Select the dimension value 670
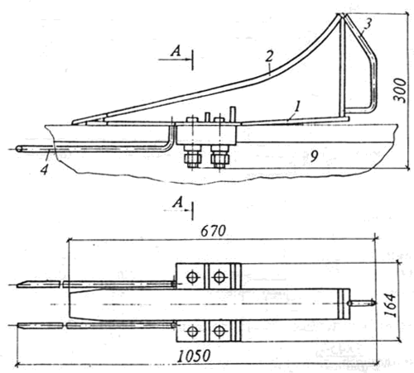213,231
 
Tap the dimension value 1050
194,356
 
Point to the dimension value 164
390,305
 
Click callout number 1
296,107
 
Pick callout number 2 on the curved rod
269,56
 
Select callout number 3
368,24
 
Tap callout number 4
45,169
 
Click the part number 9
314,156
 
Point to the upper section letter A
176,51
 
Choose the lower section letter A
177,203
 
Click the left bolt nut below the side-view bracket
193,158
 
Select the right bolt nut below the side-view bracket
219,158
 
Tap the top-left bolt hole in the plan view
192,277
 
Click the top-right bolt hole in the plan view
219,277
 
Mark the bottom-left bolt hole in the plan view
192,331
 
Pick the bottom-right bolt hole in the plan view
219,331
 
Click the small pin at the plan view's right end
361,304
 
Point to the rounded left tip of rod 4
19,149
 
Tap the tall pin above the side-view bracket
233,114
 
